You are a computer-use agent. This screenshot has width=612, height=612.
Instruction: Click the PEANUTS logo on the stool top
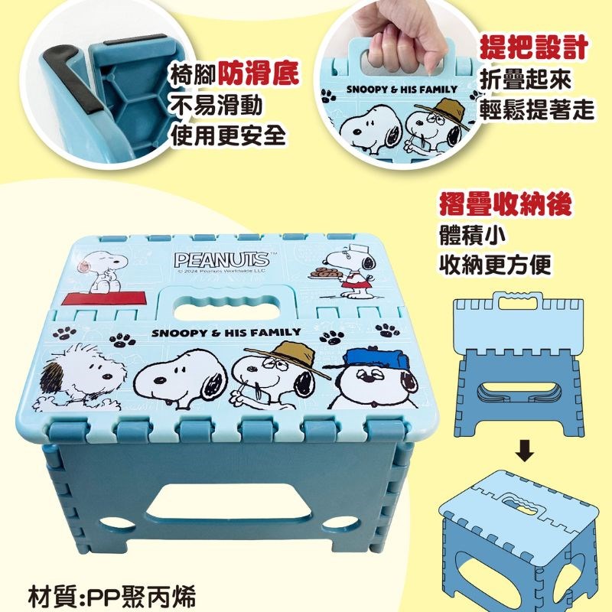coord(221,259)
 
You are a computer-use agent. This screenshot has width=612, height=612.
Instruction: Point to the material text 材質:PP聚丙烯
coord(112,596)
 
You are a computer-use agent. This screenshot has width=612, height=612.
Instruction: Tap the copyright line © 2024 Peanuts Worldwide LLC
coord(222,272)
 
